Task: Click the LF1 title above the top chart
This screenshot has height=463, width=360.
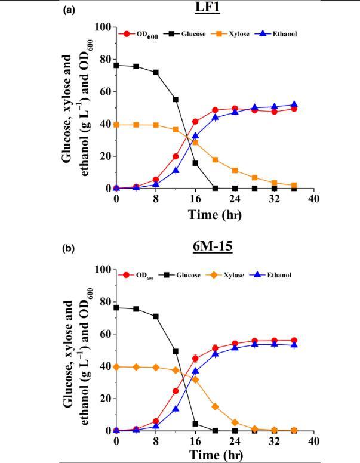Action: click(216, 8)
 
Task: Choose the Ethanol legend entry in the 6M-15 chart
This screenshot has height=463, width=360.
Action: click(276, 276)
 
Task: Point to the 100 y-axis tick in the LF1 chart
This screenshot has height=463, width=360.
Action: click(103, 27)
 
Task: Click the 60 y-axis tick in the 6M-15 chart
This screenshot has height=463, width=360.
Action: click(105, 334)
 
